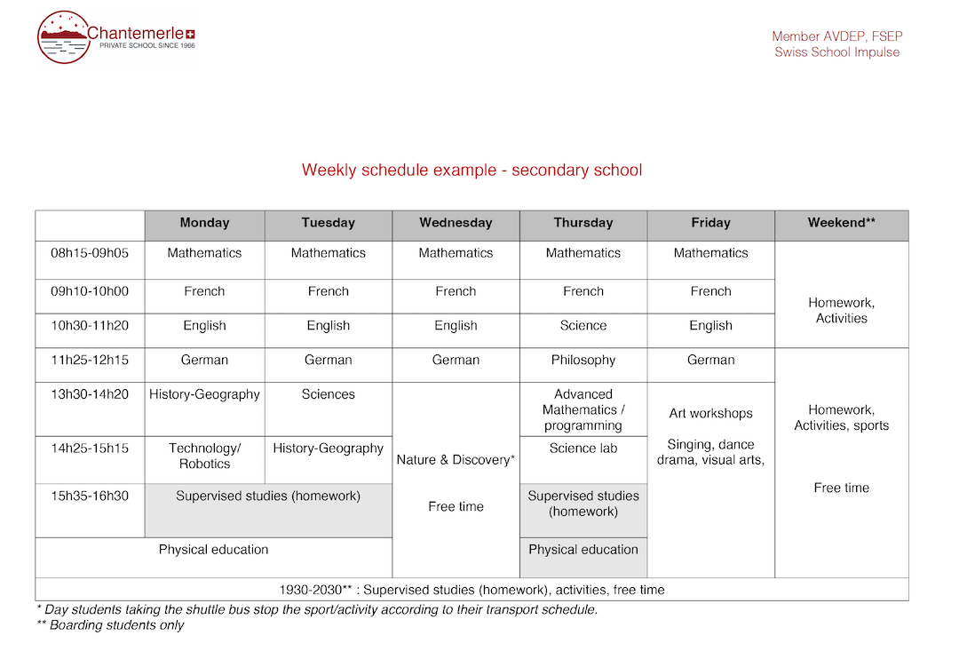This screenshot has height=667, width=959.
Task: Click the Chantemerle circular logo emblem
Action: (x=63, y=37)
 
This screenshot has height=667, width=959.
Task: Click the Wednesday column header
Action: (x=456, y=223)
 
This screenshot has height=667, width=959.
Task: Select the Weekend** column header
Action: (x=841, y=223)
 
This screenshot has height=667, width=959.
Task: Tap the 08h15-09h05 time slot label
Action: (x=90, y=253)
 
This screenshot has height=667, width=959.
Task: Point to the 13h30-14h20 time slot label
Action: (x=90, y=394)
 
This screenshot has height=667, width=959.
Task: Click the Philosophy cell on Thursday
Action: (x=583, y=360)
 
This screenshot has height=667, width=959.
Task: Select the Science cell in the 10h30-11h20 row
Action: (x=583, y=326)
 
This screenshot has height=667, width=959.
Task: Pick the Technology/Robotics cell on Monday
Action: (x=204, y=456)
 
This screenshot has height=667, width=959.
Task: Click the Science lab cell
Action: (x=583, y=449)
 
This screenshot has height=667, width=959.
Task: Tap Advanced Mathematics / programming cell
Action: (x=583, y=409)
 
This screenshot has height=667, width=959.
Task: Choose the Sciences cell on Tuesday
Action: (x=329, y=394)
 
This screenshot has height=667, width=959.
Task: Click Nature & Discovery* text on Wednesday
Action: (x=456, y=460)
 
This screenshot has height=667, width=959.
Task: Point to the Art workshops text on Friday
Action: (x=710, y=414)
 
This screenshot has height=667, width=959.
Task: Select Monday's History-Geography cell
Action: (x=204, y=394)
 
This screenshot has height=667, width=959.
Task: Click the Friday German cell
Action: (x=710, y=360)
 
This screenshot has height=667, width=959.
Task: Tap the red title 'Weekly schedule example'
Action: (x=472, y=170)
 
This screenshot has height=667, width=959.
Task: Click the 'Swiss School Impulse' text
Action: (x=836, y=52)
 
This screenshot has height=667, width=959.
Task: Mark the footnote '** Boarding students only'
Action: (x=110, y=625)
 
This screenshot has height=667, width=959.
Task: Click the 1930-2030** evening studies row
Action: (x=472, y=590)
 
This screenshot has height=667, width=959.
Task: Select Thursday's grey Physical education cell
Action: (x=583, y=550)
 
